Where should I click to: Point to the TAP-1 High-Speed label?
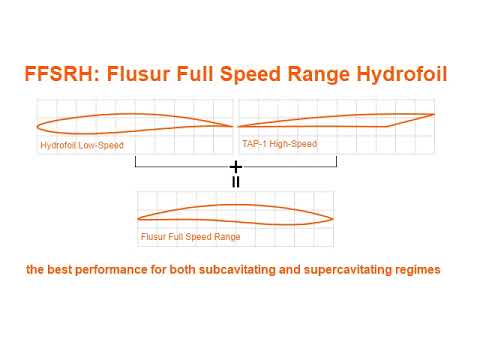click(x=279, y=144)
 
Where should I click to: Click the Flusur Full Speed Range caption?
click(x=191, y=237)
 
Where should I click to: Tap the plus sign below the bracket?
click(x=236, y=166)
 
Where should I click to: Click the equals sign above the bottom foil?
click(x=236, y=182)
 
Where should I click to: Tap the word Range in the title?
click(x=316, y=74)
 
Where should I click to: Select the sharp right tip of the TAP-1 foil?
click(x=434, y=113)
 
